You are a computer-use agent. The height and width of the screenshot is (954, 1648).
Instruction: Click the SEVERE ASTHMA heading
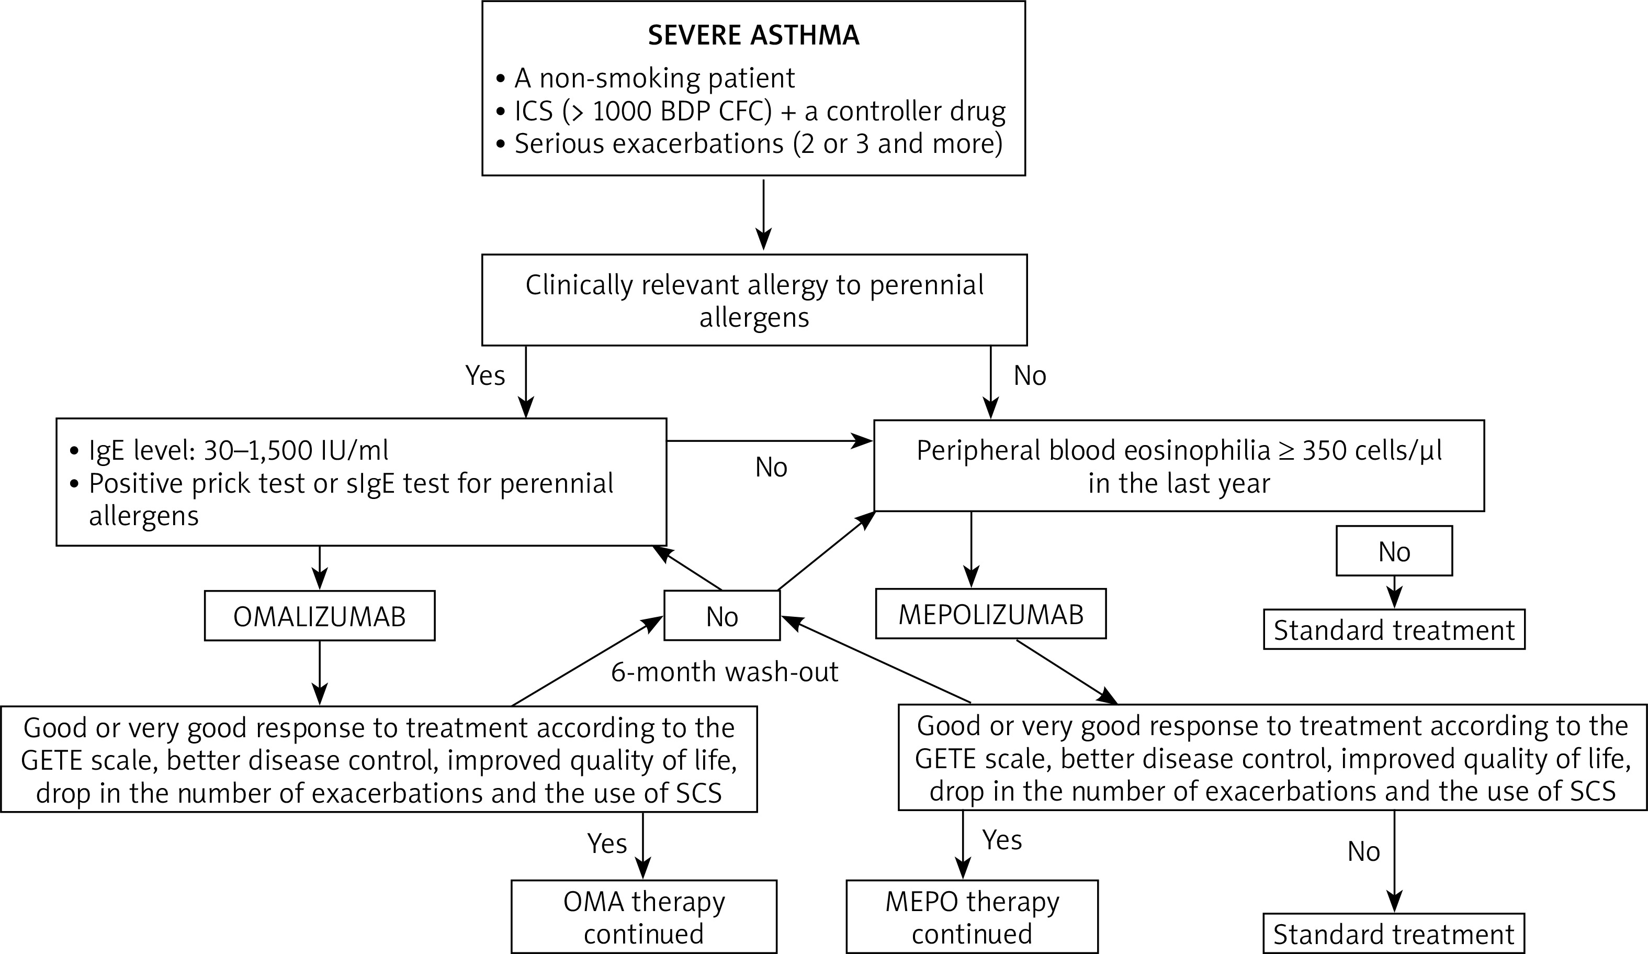pyautogui.click(x=753, y=35)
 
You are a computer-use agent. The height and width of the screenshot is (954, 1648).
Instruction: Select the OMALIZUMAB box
pyautogui.click(x=319, y=616)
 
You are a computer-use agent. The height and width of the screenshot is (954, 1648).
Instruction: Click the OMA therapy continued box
pyautogui.click(x=644, y=917)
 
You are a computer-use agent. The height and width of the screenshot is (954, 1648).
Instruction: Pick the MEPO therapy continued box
pyautogui.click(x=972, y=917)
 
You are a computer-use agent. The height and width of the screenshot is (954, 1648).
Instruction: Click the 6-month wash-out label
pyautogui.click(x=725, y=672)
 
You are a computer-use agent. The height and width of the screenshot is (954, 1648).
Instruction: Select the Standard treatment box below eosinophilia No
pyautogui.click(x=1394, y=630)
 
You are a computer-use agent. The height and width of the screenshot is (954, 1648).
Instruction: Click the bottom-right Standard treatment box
pyautogui.click(x=1394, y=934)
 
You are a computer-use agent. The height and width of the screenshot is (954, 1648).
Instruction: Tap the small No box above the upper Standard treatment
pyautogui.click(x=1394, y=551)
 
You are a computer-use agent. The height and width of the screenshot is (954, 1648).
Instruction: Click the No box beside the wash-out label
pyautogui.click(x=722, y=616)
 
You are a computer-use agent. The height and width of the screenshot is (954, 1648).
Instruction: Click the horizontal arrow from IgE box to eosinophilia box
pyautogui.click(x=769, y=441)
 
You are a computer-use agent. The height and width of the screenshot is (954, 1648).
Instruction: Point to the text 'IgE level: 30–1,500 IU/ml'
pyautogui.click(x=239, y=450)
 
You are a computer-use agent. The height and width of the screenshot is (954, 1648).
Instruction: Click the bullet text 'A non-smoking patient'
pyautogui.click(x=654, y=78)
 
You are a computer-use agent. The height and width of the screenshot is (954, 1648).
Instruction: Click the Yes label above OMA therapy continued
pyautogui.click(x=607, y=844)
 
